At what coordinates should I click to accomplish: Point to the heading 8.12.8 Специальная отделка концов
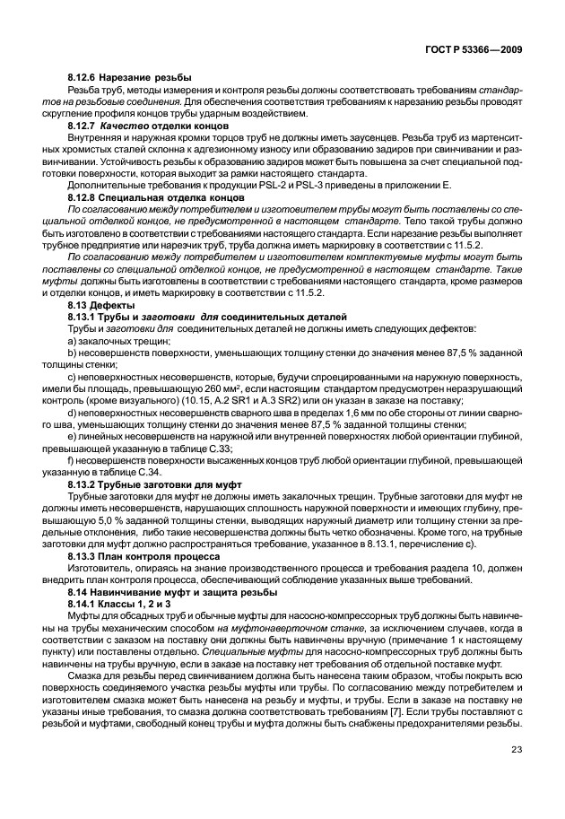click(x=143, y=195)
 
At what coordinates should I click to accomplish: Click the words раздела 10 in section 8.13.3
click(x=463, y=569)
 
